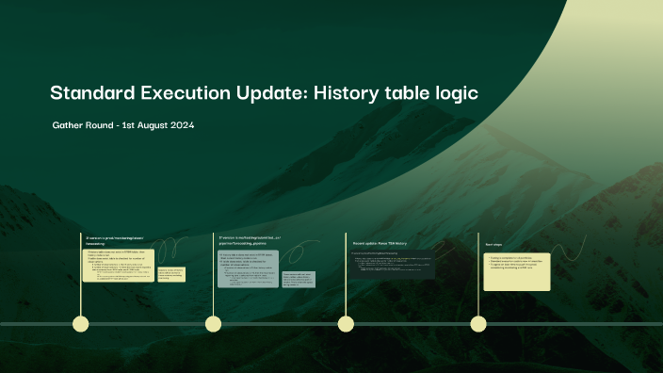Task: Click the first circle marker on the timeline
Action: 81,324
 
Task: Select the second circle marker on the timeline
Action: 214,324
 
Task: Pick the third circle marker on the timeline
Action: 347,324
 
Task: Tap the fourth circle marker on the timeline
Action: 478,324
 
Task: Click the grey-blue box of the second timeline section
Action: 248,268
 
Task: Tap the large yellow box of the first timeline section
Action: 121,268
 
